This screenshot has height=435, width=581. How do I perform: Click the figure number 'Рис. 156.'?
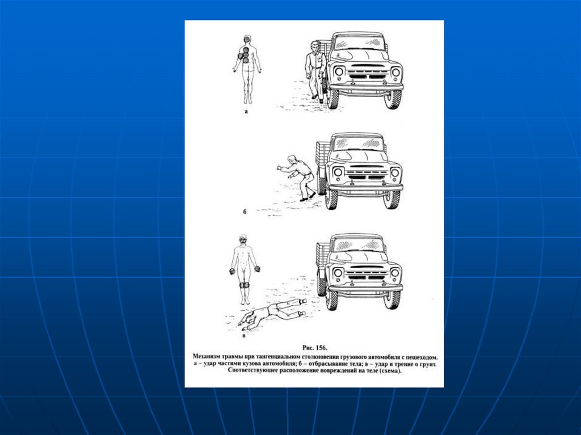(x=314, y=348)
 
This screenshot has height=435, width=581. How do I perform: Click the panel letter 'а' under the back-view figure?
(x=246, y=112)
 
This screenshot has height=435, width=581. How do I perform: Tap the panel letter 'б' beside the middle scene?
(x=245, y=212)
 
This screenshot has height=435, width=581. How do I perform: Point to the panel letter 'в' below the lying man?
(x=243, y=336)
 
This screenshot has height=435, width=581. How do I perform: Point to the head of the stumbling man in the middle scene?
(x=292, y=159)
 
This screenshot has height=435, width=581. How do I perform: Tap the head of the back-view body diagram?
(x=247, y=40)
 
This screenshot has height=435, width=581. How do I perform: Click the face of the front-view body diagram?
(x=243, y=240)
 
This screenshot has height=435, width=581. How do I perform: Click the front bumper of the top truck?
(x=366, y=87)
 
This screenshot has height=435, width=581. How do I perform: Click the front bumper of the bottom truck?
(x=365, y=288)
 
